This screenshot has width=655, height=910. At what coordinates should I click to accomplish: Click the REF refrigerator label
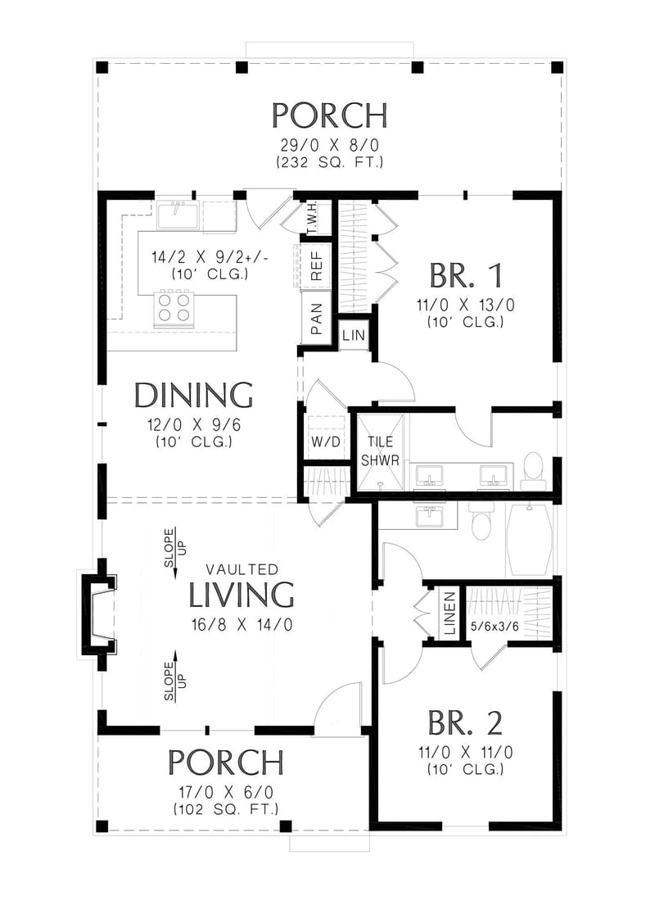(315, 265)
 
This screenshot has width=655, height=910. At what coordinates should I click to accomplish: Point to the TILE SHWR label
(382, 450)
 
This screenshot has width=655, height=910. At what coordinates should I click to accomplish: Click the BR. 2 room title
(464, 722)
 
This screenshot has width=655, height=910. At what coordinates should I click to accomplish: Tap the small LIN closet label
(354, 335)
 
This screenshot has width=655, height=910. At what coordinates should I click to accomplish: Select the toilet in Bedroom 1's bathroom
(533, 467)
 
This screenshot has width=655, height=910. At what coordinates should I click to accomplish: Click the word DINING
(193, 396)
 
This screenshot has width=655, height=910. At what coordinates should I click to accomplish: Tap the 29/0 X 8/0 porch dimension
(329, 145)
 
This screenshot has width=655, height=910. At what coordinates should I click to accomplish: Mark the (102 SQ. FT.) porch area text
(225, 808)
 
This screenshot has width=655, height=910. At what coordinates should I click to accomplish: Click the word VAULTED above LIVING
(242, 568)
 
